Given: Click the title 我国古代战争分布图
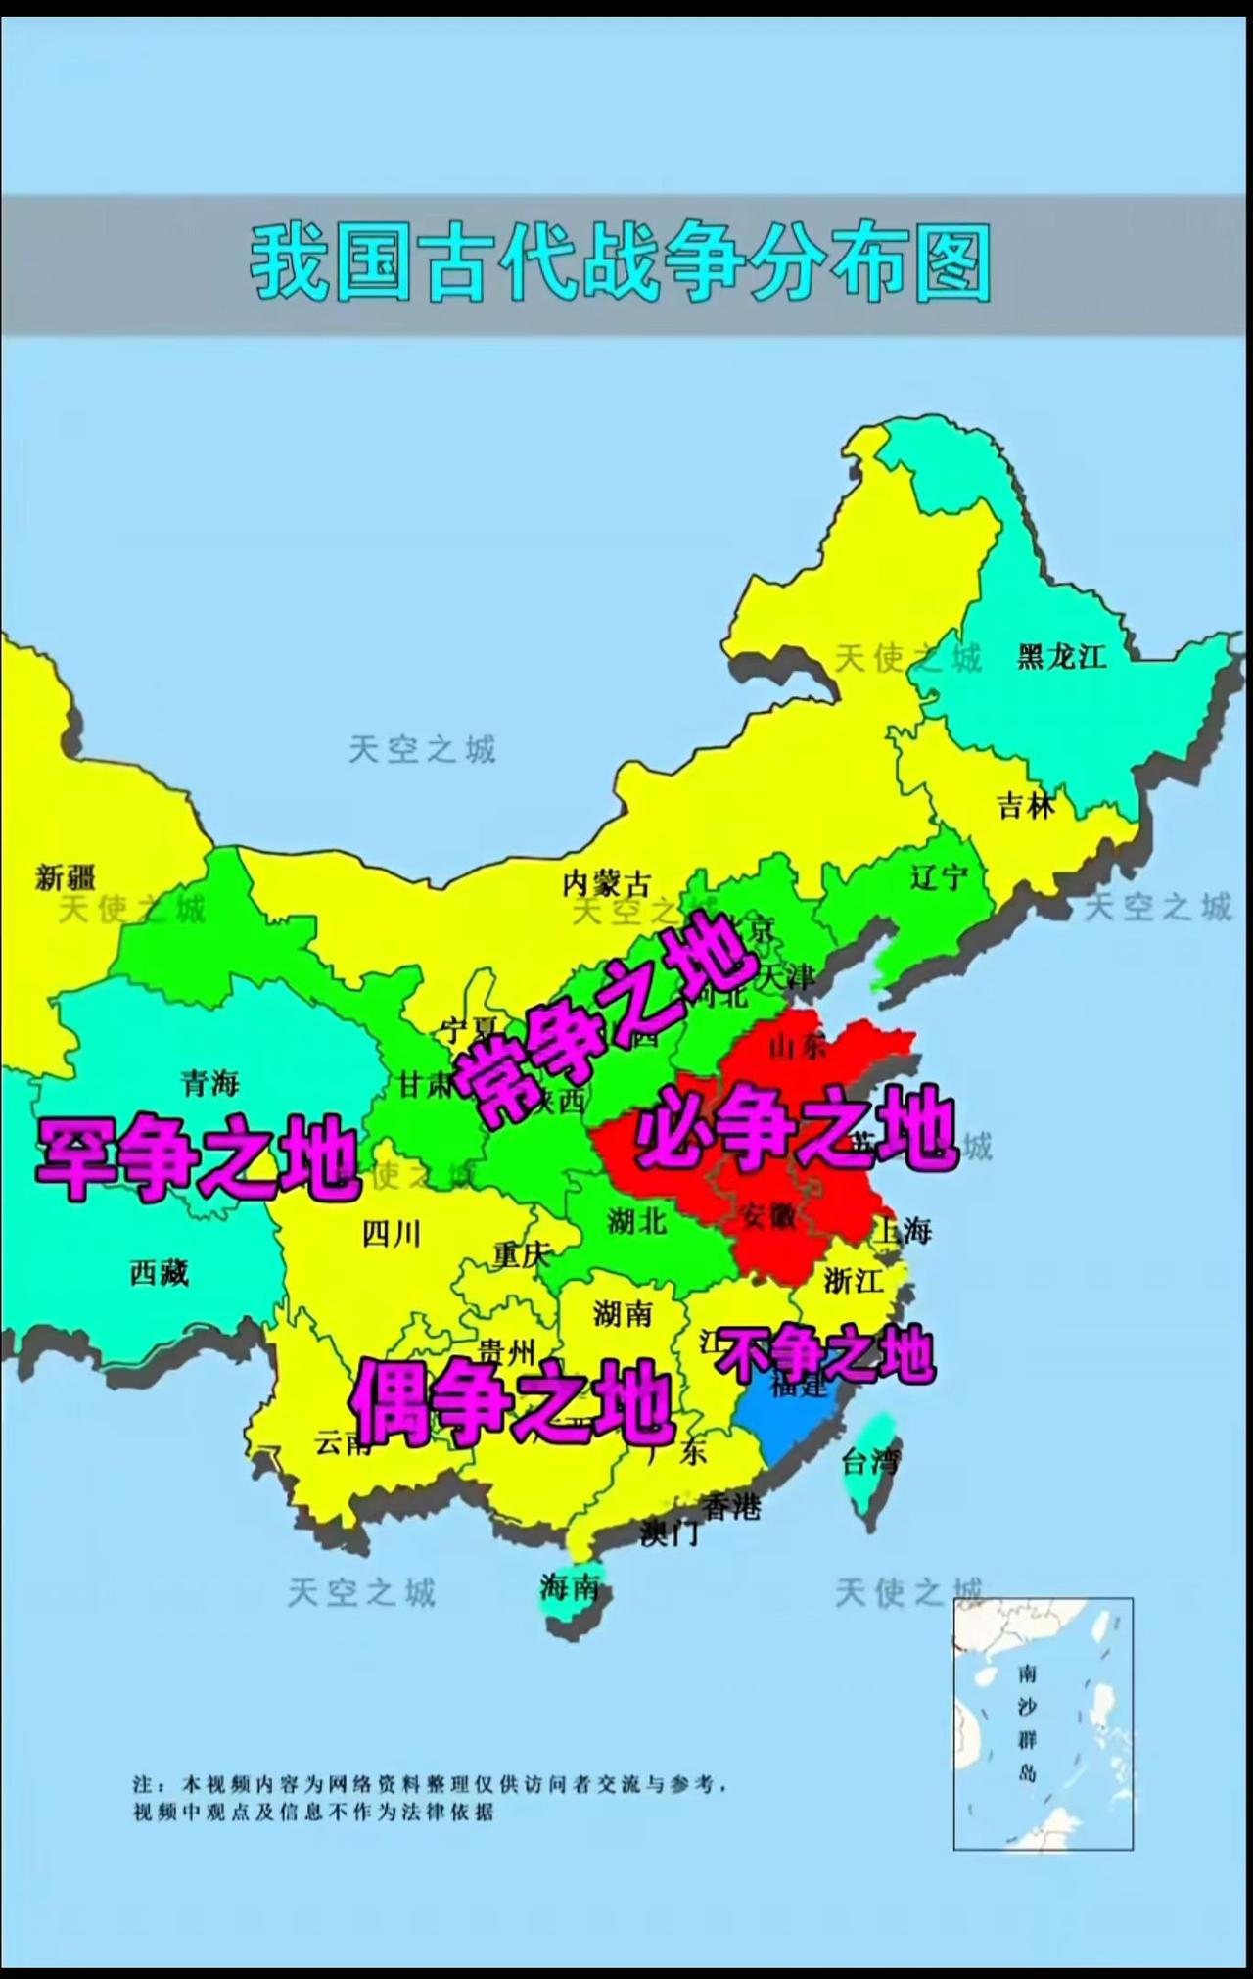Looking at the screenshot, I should point(621,262).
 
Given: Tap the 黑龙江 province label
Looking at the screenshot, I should point(1061,656).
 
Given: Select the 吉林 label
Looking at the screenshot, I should point(1026,805).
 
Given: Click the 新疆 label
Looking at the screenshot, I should point(66,876).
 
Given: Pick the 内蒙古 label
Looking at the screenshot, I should point(606,884).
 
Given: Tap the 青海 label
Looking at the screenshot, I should point(209,1083).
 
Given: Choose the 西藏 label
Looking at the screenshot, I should point(159,1272).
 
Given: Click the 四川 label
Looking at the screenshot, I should point(392,1234).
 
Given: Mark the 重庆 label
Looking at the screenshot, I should point(522,1254).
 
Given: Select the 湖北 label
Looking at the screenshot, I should point(636,1221).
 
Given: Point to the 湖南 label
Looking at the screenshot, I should point(622,1313).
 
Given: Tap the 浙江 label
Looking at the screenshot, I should point(853,1280).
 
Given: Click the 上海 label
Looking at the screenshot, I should point(904,1230).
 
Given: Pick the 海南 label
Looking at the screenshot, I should point(569,1587).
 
